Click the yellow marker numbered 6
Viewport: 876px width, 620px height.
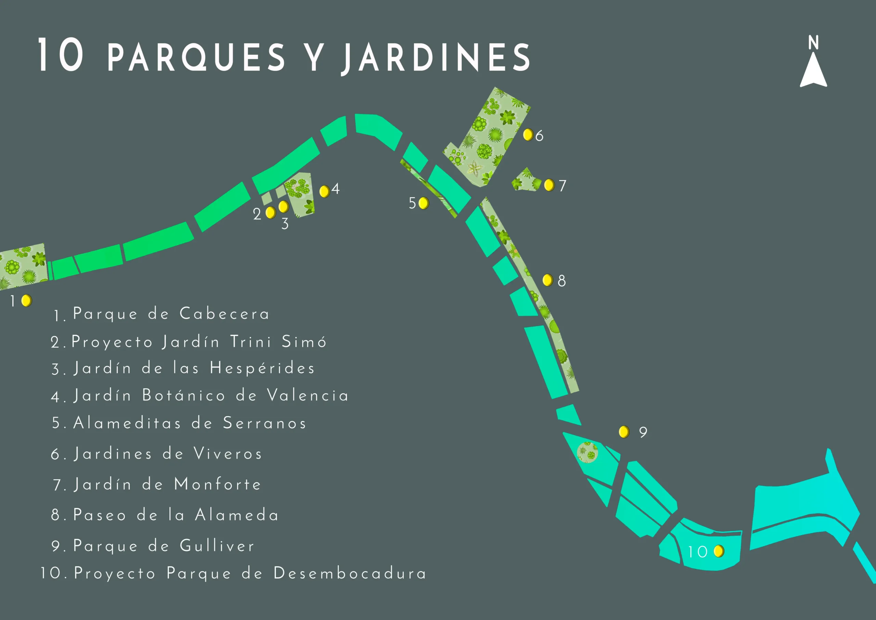528,135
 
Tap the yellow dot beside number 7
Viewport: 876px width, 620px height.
549,185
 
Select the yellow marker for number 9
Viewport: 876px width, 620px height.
624,432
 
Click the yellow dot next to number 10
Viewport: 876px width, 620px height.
719,551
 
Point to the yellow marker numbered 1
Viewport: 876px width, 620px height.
26,301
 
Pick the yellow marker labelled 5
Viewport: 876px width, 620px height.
424,203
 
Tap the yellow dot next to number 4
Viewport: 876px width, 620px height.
324,191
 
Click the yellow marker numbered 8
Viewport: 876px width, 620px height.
547,280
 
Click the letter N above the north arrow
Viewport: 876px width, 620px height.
813,42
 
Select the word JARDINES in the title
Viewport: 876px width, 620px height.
435,57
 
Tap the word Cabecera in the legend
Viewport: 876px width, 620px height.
224,314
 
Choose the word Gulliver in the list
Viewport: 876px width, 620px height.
217,546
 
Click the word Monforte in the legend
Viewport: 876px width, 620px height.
218,484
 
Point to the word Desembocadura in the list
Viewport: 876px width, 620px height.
349,573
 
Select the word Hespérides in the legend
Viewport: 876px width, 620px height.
262,368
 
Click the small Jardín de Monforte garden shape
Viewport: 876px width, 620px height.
526,181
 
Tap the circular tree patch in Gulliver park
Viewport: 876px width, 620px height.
587,452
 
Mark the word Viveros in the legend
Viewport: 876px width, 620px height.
228,454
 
